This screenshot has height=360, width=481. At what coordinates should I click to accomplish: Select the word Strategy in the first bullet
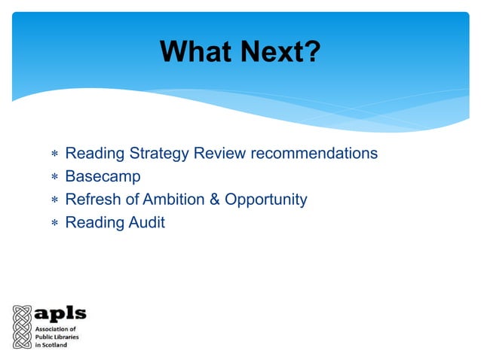click(x=159, y=154)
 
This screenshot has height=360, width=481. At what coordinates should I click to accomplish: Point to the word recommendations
click(x=313, y=154)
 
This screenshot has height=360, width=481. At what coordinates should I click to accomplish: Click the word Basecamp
click(x=103, y=177)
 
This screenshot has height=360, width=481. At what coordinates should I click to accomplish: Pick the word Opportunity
click(x=262, y=200)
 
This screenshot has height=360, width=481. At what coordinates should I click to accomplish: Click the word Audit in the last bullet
click(x=146, y=222)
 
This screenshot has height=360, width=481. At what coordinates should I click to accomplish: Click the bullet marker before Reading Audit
click(x=54, y=224)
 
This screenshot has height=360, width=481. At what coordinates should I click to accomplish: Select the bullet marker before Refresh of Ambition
click(x=54, y=201)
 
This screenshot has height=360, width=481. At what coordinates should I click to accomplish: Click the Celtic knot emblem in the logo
click(x=20, y=325)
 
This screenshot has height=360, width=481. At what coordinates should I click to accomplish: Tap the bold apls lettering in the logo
click(x=61, y=313)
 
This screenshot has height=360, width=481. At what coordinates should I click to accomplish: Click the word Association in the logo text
click(x=52, y=329)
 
